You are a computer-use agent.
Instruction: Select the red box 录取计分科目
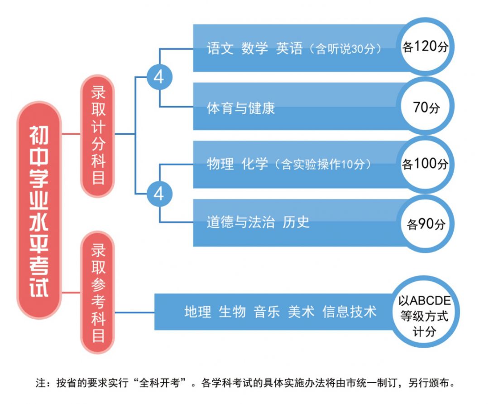pyautogui.click(x=98, y=136)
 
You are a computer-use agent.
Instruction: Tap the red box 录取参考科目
pyautogui.click(x=98, y=292)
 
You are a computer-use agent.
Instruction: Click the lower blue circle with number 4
pyautogui.click(x=159, y=195)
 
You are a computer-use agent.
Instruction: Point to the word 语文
pyautogui.click(x=220, y=49)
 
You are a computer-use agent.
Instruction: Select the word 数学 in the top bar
pyautogui.click(x=254, y=49)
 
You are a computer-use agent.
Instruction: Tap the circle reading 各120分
pyautogui.click(x=425, y=47)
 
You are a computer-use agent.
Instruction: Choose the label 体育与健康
pyautogui.click(x=241, y=108)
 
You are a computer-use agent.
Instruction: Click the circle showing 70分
pyautogui.click(x=426, y=107)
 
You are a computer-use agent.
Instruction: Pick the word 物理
pyautogui.click(x=220, y=164)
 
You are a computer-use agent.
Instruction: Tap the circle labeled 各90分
pyautogui.click(x=426, y=223)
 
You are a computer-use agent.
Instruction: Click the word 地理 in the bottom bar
pyautogui.click(x=197, y=312)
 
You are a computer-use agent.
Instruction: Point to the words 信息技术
pyautogui.click(x=349, y=312)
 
